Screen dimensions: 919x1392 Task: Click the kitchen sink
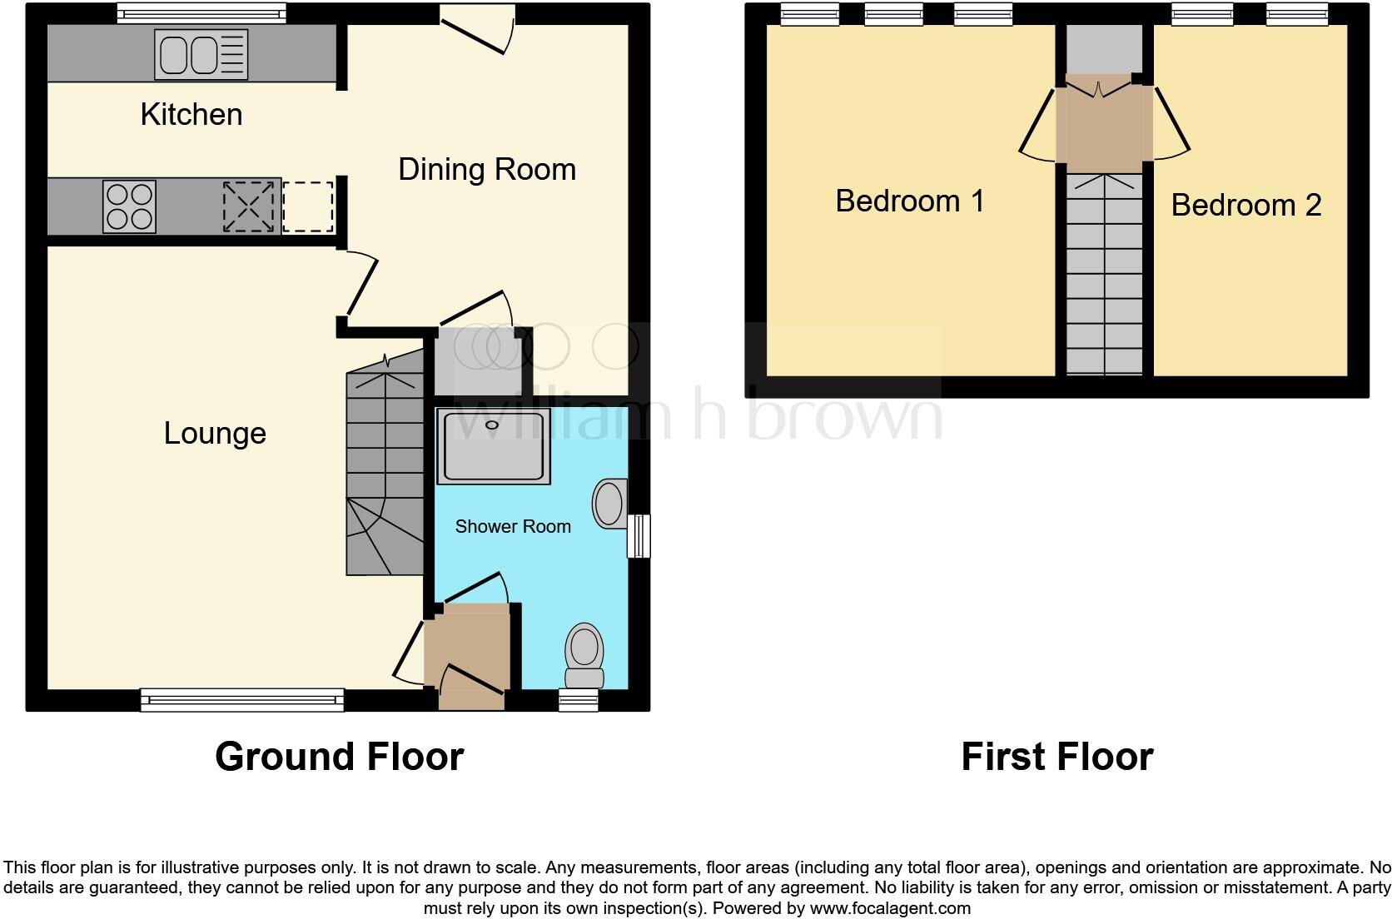coord(201,55)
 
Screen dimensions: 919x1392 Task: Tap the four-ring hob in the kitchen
coord(130,206)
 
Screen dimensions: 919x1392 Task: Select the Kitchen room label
coord(191,115)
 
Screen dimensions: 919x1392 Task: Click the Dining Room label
coord(486,170)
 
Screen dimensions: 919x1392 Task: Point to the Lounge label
coord(215,434)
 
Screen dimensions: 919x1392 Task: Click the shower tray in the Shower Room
coord(494,446)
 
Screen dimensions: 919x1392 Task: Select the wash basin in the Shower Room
coord(609,504)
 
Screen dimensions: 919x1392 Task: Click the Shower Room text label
coord(513,527)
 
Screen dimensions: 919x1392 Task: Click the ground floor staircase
coord(385,466)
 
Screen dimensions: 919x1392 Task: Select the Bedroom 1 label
coord(909,201)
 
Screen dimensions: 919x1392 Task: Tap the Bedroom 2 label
coord(1245,206)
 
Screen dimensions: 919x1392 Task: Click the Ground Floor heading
coord(339,757)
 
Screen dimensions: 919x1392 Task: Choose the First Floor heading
coord(1056,757)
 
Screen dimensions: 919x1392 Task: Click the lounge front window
coord(242,700)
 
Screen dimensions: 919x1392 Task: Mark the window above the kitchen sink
coord(201,13)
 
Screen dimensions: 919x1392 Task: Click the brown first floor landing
coord(1104,125)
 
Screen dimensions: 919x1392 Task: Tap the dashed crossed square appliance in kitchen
coord(248,206)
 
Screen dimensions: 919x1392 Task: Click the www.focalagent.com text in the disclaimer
coord(889,908)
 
